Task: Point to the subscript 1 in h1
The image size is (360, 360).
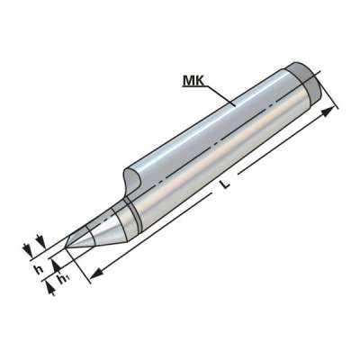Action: [66, 282]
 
